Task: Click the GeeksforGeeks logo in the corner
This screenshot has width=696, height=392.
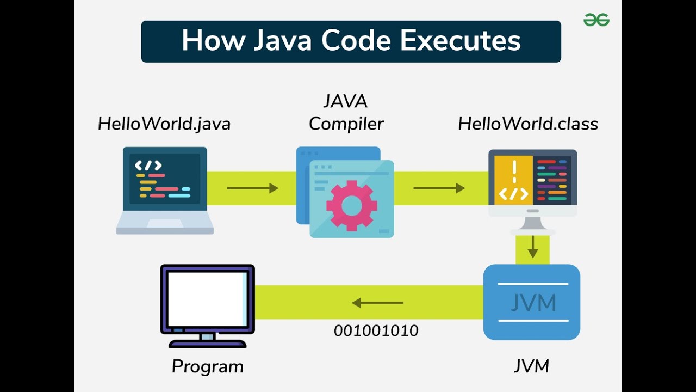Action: click(596, 20)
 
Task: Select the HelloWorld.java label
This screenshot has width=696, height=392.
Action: click(164, 124)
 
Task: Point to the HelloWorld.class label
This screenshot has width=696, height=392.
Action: click(528, 124)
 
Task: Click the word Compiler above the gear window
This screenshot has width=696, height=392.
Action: click(346, 124)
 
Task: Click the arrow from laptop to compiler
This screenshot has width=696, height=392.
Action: click(252, 188)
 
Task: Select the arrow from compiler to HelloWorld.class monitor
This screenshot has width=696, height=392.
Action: click(439, 188)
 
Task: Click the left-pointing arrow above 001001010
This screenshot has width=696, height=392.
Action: click(377, 303)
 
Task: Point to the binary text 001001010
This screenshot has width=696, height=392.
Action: click(376, 330)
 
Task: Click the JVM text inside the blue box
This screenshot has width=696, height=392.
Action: click(533, 303)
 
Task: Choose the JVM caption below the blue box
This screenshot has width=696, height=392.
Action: click(532, 366)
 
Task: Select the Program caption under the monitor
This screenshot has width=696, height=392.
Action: click(208, 366)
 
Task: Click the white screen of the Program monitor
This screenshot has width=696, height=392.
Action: click(207, 298)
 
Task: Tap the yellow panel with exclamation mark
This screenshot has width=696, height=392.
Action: click(514, 180)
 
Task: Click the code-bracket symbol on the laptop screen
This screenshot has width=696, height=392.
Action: click(148, 166)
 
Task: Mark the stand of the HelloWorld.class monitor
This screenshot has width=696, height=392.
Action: click(533, 224)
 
